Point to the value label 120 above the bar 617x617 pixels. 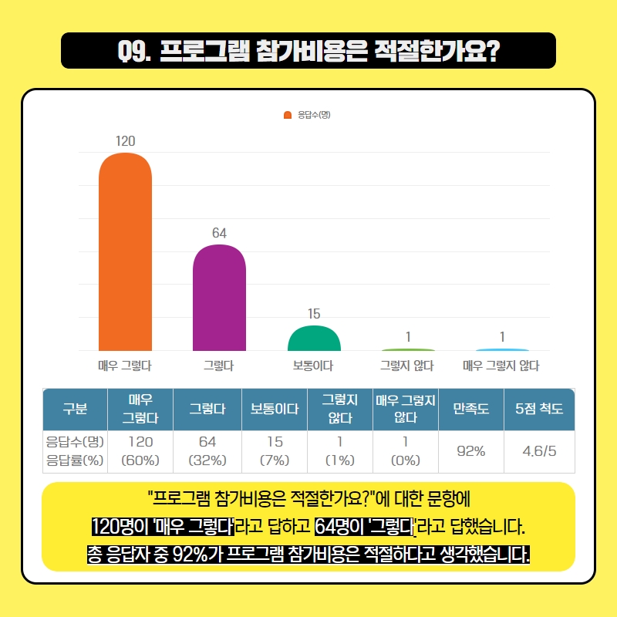point(125,141)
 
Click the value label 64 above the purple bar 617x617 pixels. point(219,233)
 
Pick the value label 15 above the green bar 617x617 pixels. point(314,314)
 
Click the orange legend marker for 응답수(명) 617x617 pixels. point(288,115)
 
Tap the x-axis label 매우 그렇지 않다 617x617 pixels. point(501,366)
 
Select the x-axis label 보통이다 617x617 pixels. point(314,366)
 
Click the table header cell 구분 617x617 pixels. point(74,410)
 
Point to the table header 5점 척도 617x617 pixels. point(539,410)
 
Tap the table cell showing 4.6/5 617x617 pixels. point(539,451)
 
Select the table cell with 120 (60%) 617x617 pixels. point(140,451)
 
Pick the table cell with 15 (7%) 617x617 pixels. point(275,451)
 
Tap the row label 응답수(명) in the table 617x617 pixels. point(75,443)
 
